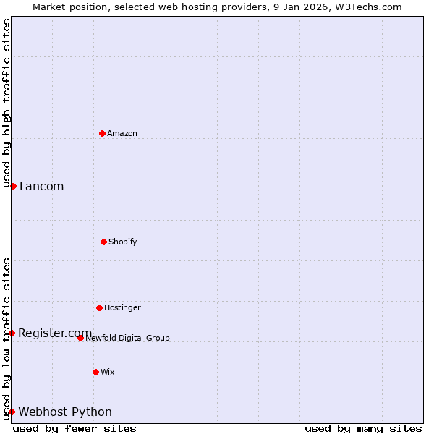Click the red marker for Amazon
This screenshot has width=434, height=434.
point(102,133)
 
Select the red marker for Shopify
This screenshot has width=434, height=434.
point(103,242)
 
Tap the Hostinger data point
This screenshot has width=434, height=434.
point(99,307)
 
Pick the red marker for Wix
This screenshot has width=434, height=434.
point(95,372)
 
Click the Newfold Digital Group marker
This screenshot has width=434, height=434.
point(80,338)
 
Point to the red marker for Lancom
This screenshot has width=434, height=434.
point(13,186)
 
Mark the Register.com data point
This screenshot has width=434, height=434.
point(12,333)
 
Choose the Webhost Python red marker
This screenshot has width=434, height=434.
point(12,412)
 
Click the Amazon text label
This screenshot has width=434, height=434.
point(122,133)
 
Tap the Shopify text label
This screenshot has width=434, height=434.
point(123,242)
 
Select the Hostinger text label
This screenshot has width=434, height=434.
point(122,307)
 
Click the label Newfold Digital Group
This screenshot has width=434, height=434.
point(127,338)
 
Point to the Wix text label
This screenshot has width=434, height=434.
point(108,372)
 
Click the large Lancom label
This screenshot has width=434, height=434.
point(41,186)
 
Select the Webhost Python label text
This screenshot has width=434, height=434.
point(65,412)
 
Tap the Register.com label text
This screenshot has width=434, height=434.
point(55,333)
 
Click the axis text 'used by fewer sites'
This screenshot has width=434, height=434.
point(75,428)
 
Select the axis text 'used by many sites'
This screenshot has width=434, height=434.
point(363,428)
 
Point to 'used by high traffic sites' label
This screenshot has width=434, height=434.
point(7,103)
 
